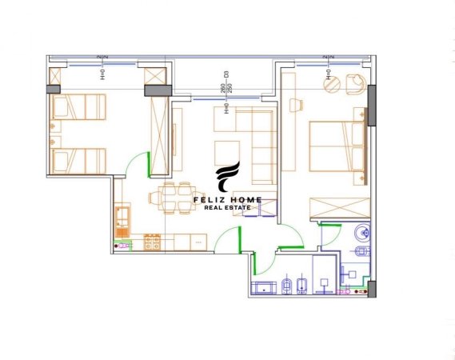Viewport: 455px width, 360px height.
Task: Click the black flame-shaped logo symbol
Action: point(228,178)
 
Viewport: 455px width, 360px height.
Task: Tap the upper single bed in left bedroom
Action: point(78,105)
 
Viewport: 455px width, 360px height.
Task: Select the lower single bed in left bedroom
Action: point(78,158)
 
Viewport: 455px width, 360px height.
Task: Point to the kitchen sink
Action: point(123,217)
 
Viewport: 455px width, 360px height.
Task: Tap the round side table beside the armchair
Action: point(329,82)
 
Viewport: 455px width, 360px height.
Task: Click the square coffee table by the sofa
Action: point(226,152)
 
